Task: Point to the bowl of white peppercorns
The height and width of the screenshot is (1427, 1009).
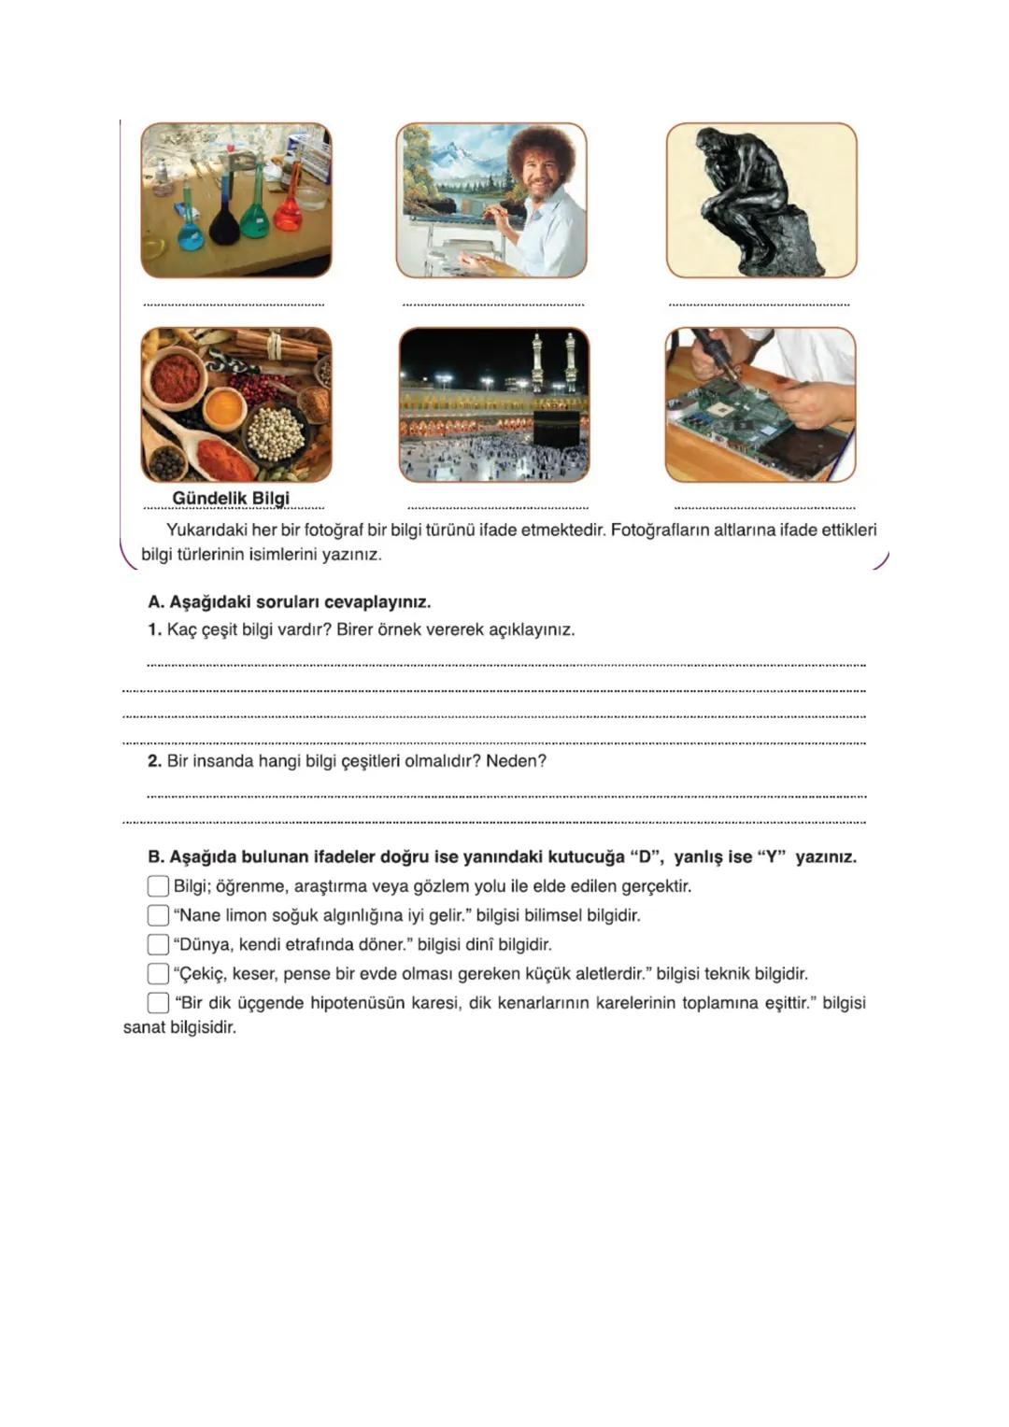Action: [x=276, y=432]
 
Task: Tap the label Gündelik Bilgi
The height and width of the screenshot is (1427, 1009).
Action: [x=231, y=499]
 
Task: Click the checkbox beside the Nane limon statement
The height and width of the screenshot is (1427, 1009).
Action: [x=158, y=915]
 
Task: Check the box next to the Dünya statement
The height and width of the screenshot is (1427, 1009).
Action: [x=158, y=944]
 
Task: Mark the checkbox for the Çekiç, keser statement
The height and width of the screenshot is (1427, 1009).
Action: [x=158, y=973]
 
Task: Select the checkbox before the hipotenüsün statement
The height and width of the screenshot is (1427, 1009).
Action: [x=158, y=1003]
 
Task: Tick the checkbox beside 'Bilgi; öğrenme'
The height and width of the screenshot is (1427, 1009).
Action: [x=158, y=885]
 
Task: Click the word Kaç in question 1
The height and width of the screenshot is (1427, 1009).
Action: [x=181, y=629]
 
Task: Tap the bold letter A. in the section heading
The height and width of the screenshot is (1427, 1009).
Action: [x=156, y=601]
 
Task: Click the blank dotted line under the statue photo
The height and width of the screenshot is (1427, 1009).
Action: [x=759, y=304]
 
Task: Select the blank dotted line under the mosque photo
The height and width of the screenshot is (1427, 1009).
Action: [x=498, y=507]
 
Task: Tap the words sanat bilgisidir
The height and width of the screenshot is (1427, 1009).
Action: [x=179, y=1028]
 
